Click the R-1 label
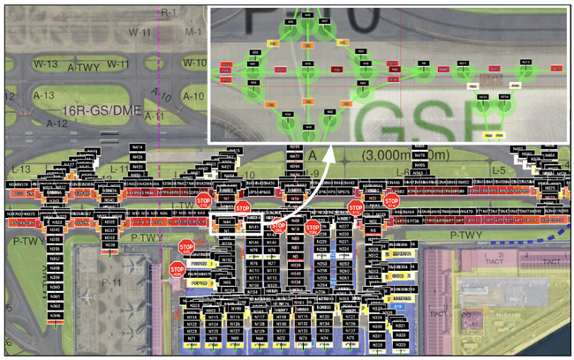pos(168,13)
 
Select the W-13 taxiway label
pos(45,64)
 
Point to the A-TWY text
pos(83,68)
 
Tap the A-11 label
pos(155,116)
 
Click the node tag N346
pos(55,315)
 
